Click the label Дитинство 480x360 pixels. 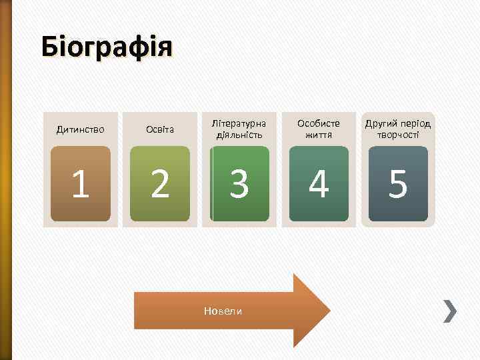point(80,129)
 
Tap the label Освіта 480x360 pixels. point(160,129)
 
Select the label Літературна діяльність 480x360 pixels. point(239,129)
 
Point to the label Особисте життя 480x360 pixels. point(319,129)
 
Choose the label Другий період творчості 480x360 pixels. point(398,129)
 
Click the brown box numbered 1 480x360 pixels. point(81,184)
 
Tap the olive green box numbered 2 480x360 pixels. point(160,184)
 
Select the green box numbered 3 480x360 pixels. point(239,184)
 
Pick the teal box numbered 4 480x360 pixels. point(319,184)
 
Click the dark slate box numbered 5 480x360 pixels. point(398,184)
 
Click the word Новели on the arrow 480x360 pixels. point(222,311)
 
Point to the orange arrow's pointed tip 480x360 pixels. point(328,311)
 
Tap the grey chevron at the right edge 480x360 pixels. point(451,311)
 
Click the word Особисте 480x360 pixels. point(319,123)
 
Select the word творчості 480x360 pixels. point(398,135)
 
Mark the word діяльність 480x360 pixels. point(239,135)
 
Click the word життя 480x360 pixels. point(319,135)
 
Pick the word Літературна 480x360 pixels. point(239,123)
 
